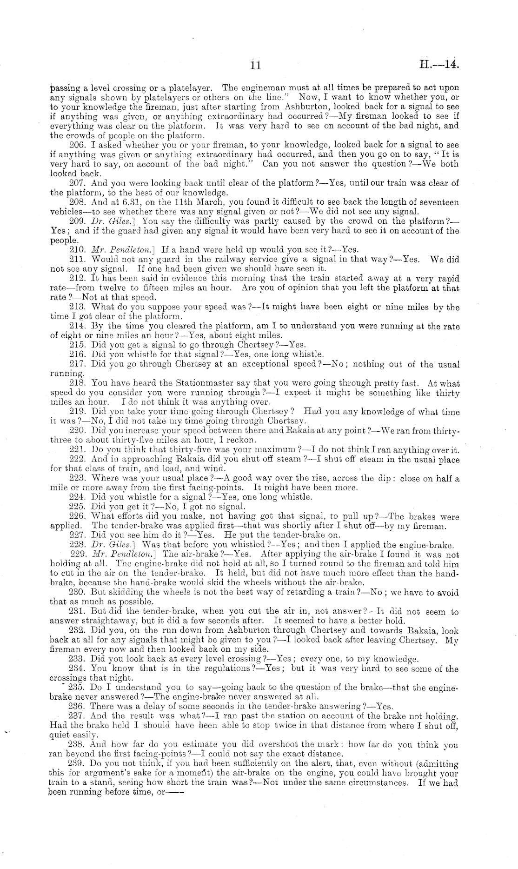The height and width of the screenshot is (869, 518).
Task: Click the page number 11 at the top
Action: click(255, 65)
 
